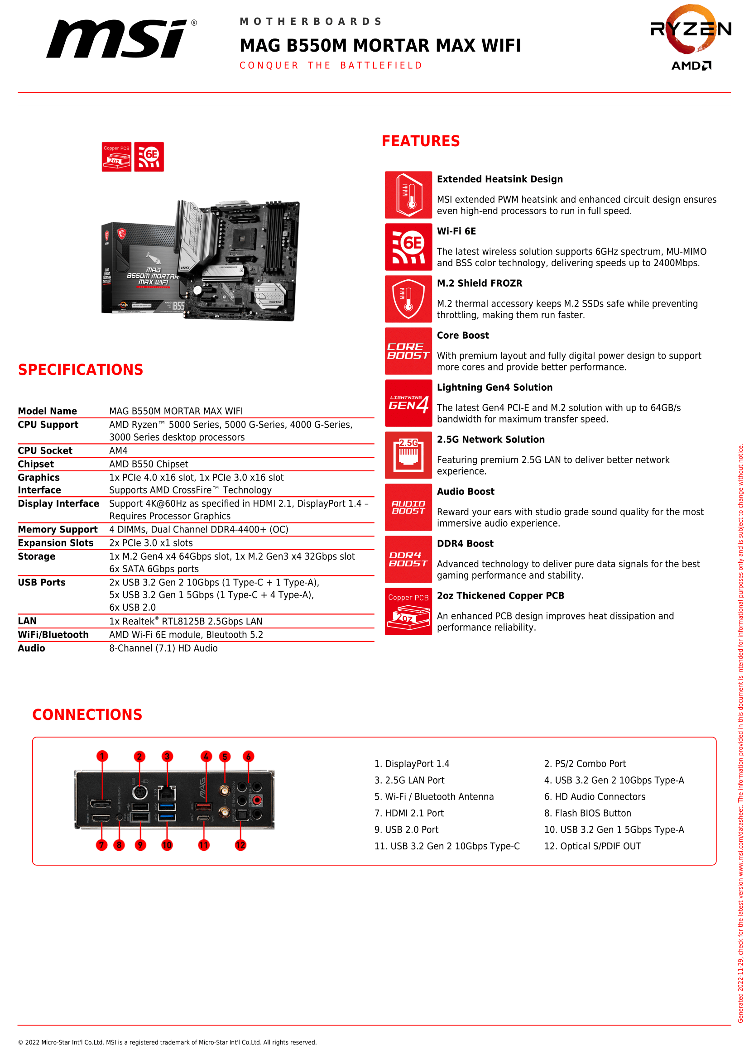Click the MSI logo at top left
tap(118, 39)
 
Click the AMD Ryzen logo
tap(691, 37)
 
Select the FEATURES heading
tap(420, 141)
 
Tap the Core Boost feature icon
tap(408, 351)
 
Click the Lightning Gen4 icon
tap(408, 403)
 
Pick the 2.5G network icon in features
tap(408, 455)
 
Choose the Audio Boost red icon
tap(408, 508)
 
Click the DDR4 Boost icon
tap(408, 559)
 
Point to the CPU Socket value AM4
tap(119, 450)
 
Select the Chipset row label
tap(36, 464)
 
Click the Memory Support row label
tap(58, 530)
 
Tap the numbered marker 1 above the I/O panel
tap(102, 756)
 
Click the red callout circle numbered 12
tap(240, 845)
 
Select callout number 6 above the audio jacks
tap(248, 756)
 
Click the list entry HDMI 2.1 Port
tap(409, 813)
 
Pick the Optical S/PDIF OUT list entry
tap(593, 846)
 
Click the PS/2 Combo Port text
tap(585, 764)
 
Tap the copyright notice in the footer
tap(167, 1042)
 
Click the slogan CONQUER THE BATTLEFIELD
tap(331, 66)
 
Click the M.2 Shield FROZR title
tap(480, 283)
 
